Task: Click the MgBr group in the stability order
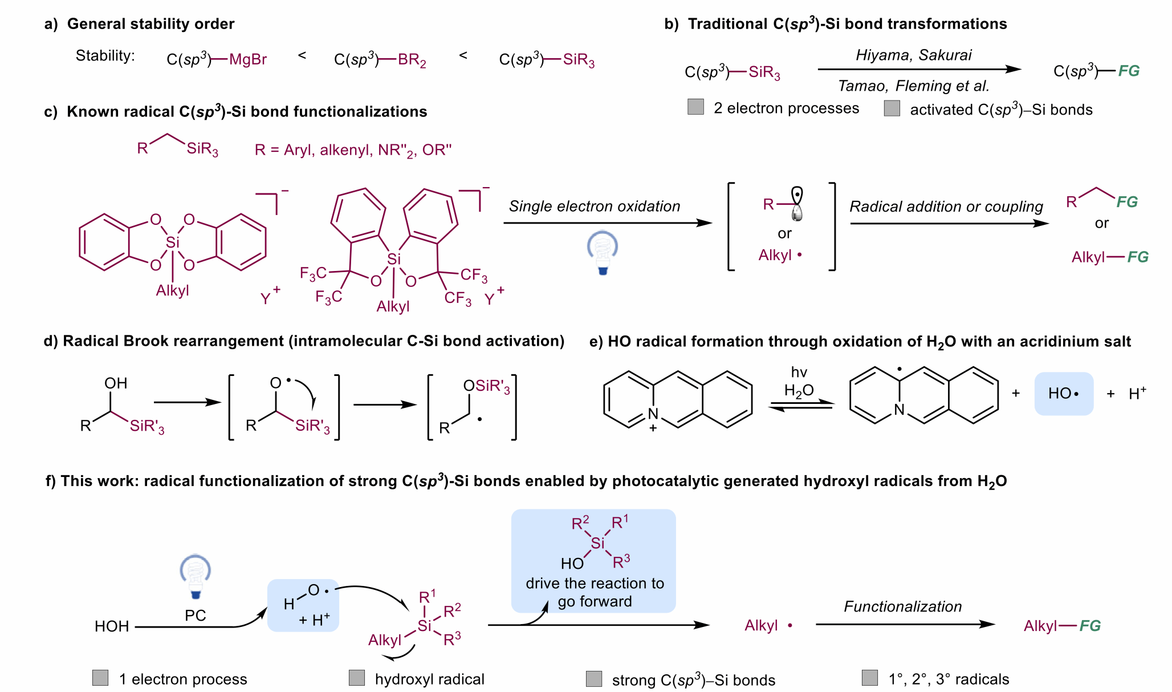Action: pyautogui.click(x=247, y=59)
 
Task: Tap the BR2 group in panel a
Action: pyautogui.click(x=412, y=60)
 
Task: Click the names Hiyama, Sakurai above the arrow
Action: pyautogui.click(x=913, y=55)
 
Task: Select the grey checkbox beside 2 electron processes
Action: pyautogui.click(x=695, y=107)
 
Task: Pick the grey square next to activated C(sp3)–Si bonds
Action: pyautogui.click(x=892, y=108)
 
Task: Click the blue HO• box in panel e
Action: pyautogui.click(x=1064, y=394)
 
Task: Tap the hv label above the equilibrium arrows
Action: pyautogui.click(x=799, y=373)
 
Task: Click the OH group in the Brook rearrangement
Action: pyautogui.click(x=116, y=383)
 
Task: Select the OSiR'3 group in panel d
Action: pyautogui.click(x=486, y=387)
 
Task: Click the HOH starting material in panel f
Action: pyautogui.click(x=112, y=626)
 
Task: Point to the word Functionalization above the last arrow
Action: pyautogui.click(x=902, y=606)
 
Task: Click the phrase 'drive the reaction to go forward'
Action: pyautogui.click(x=595, y=592)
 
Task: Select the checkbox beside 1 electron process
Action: pyautogui.click(x=100, y=678)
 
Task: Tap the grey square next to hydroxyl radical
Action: pyautogui.click(x=357, y=678)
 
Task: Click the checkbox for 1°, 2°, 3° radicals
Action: pyautogui.click(x=870, y=678)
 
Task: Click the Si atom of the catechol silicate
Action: pyautogui.click(x=172, y=242)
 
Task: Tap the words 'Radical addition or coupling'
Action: pyautogui.click(x=946, y=207)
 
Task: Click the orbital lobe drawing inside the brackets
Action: pyautogui.click(x=797, y=204)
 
